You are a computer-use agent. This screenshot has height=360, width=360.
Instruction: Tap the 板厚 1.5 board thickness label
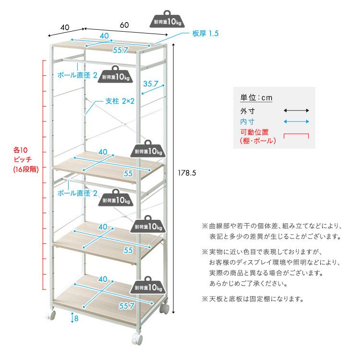pyautogui.click(x=205, y=34)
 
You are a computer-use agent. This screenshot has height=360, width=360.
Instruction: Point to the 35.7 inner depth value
pyautogui.click(x=150, y=84)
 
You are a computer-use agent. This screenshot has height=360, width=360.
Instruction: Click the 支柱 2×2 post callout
pyautogui.click(x=120, y=101)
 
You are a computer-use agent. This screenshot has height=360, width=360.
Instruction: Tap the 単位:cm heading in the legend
pyautogui.click(x=256, y=97)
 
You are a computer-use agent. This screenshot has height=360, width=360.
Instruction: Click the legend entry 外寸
pyautogui.click(x=247, y=110)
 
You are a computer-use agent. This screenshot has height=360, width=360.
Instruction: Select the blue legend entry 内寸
pyautogui.click(x=247, y=121)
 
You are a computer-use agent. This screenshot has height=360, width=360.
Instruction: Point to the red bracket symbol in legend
pyautogui.click(x=296, y=136)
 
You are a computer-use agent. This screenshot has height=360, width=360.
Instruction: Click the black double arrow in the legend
pyautogui.click(x=296, y=110)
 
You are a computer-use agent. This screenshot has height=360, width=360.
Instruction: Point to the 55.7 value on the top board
pyautogui.click(x=120, y=50)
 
